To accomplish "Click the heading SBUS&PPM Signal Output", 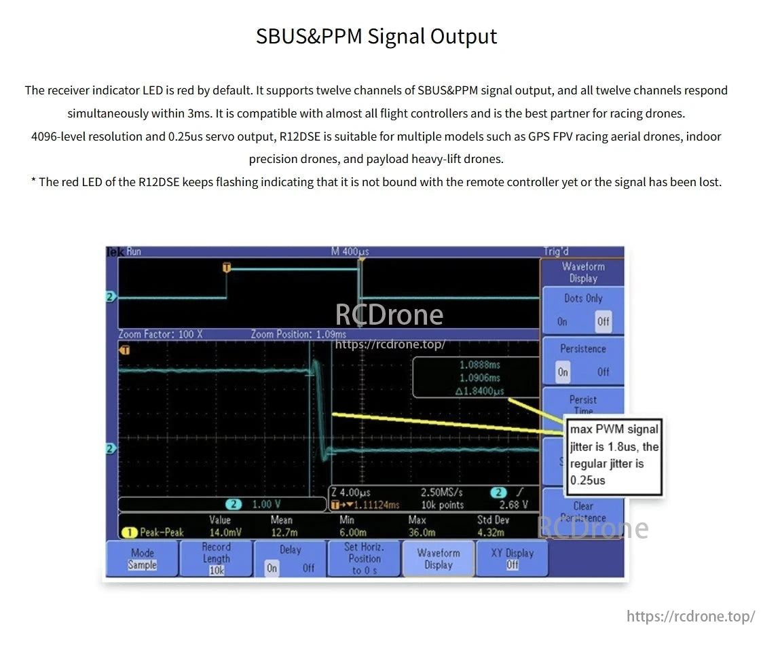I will coord(376,36).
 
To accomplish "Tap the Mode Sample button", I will coord(143,558).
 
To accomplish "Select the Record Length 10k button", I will coord(216,558).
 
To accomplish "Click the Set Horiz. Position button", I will coord(364,558).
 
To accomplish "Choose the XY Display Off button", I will coord(512,558).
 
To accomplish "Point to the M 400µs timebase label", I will coord(350,251).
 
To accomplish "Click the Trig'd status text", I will coord(556,251).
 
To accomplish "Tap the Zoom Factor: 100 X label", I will coord(160,334).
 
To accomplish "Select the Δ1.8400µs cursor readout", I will coord(480,391).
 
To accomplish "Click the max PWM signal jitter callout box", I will coord(614,454).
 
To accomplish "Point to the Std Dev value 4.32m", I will coord(491,533).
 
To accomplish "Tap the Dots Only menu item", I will coord(582,298).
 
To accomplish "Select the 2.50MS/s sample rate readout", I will coord(442,492).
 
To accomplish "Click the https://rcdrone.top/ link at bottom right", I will coord(690,616).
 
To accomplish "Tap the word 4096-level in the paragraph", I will coord(60,137).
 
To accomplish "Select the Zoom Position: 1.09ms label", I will coord(298,334).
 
